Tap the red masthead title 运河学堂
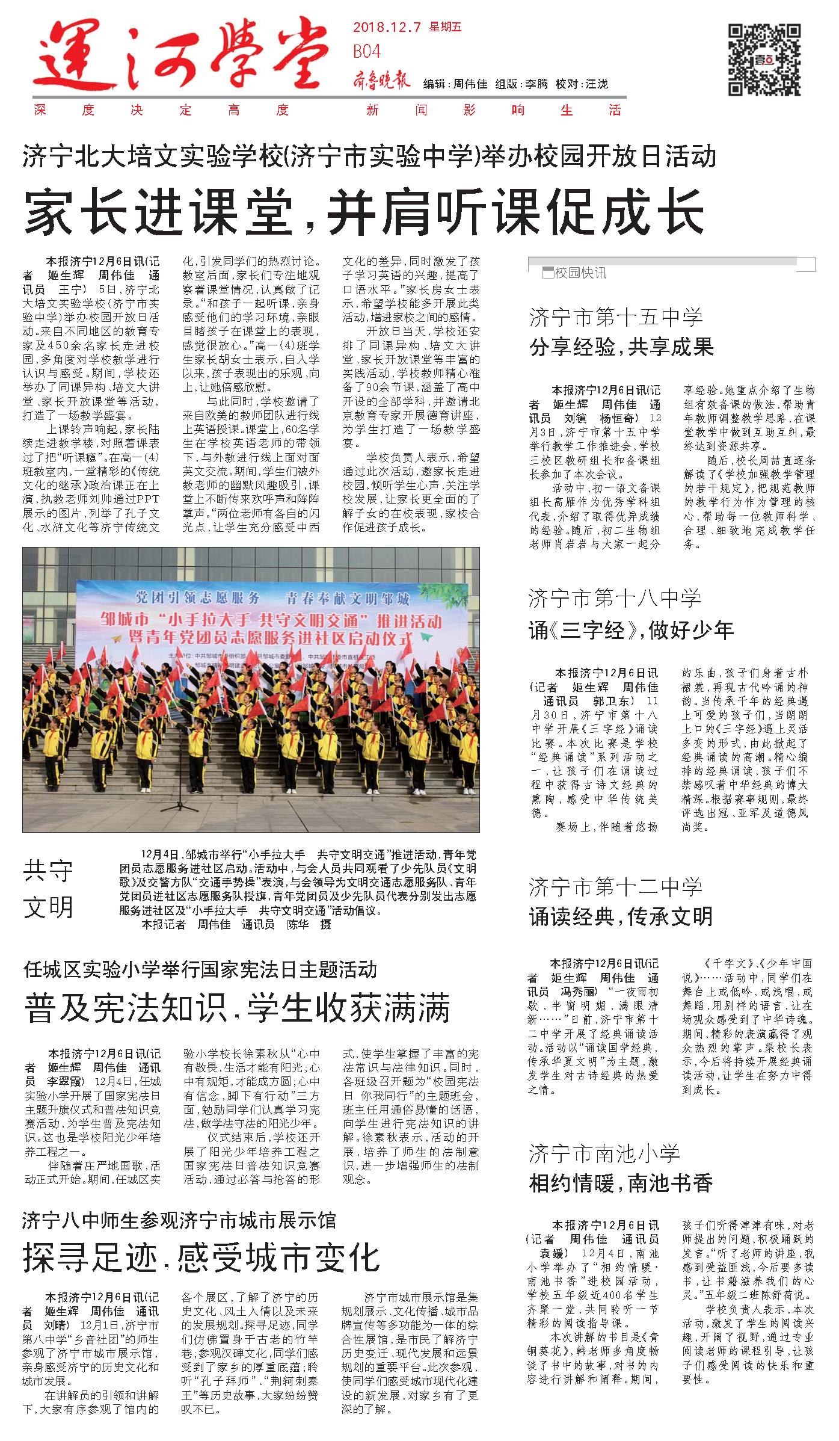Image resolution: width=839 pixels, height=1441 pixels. pos(180,57)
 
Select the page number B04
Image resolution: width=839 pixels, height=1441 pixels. pos(366,52)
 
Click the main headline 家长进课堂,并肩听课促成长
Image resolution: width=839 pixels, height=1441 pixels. pos(363,211)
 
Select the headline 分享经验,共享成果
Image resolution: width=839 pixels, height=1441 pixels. pos(621,347)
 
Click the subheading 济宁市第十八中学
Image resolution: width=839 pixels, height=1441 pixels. pos(615,598)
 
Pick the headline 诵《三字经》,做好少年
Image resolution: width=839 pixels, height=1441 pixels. pos(631,630)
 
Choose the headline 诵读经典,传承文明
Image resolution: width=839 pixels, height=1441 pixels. pos(621,916)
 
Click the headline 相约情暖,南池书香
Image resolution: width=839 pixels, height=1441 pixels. pos(621,1183)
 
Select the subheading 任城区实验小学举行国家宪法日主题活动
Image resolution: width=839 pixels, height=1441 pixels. pos(200,969)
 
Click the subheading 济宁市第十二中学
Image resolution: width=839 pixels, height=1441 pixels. pos(615,886)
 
